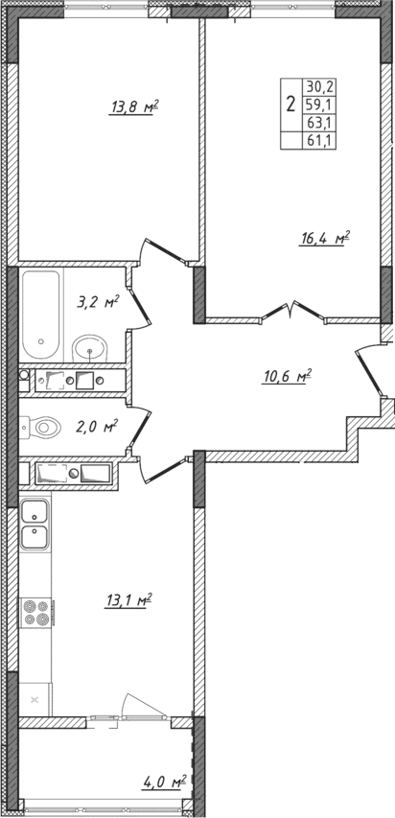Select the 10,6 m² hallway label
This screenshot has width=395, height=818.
287,376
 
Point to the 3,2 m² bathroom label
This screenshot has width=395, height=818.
98,302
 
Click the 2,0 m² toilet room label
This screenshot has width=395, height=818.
97,426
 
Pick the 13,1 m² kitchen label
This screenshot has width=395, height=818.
130,601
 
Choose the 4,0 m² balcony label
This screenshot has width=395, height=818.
164,783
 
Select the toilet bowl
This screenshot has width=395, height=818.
43,425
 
